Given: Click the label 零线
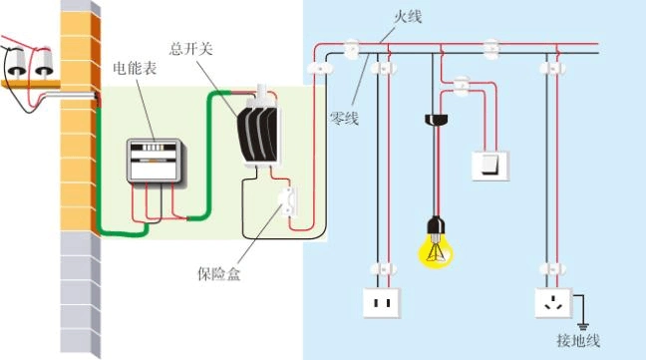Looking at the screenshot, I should pyautogui.click(x=344, y=118).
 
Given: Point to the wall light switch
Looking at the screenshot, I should pyautogui.click(x=489, y=165).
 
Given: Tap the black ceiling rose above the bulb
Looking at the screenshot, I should pyautogui.click(x=434, y=120).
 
